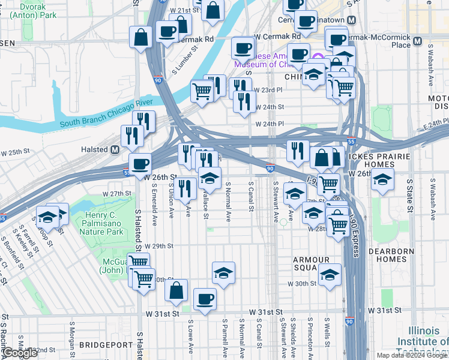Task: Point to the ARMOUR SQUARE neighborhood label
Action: click(312, 263)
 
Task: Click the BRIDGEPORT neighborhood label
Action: click(106, 345)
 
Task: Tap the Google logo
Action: click(20, 353)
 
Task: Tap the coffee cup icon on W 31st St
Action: click(205, 298)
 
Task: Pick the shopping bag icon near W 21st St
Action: click(213, 10)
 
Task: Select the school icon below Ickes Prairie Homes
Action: click(382, 180)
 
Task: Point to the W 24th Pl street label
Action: click(270, 124)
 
